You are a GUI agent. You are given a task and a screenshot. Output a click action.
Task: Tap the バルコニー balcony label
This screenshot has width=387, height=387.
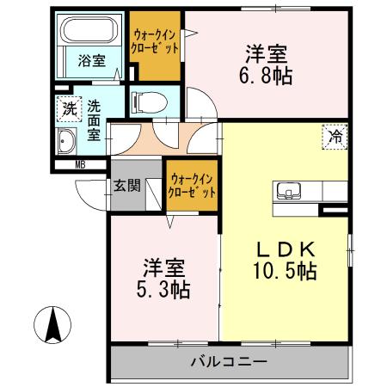[229, 362]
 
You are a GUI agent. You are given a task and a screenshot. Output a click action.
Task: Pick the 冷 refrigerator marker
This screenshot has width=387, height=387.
[335, 135]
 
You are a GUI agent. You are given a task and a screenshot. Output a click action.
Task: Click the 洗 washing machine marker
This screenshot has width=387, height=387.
[68, 109]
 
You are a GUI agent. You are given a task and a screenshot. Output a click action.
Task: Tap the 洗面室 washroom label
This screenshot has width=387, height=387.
[93, 120]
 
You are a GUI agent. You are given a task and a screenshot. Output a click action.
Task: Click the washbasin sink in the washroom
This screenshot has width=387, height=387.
[67, 143]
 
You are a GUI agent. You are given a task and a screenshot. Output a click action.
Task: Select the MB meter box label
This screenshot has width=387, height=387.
[79, 164]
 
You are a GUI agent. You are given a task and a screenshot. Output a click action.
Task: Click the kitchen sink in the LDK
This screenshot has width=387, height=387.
[288, 191]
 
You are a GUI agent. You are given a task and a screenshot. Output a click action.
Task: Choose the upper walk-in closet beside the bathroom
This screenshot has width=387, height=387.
[156, 43]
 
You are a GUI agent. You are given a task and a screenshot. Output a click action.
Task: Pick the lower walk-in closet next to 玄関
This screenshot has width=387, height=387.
[191, 187]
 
